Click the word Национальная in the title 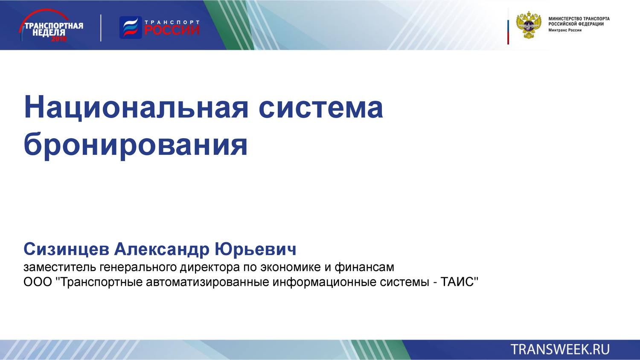point(136,107)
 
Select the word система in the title point(320,107)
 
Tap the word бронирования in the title point(136,145)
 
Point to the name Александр point(162,249)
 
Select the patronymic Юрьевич point(255,249)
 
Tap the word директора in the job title point(209,267)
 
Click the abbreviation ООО point(38,282)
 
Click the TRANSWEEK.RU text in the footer point(560,349)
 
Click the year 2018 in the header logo point(59,39)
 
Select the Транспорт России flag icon point(130,28)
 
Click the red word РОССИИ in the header point(172,30)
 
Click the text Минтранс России point(564,30)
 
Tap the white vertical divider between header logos point(101,28)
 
